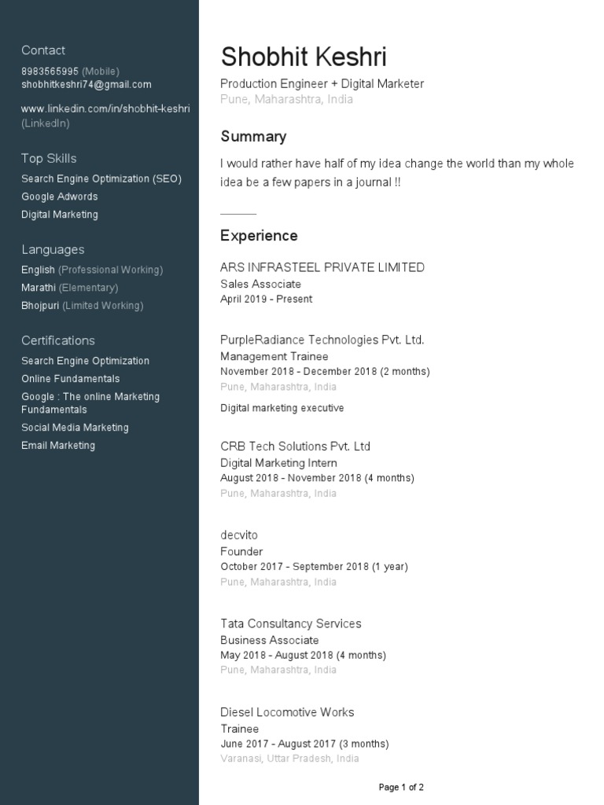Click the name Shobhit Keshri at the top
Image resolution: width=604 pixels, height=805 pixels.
pyautogui.click(x=304, y=57)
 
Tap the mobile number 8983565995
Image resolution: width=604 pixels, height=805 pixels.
pyautogui.click(x=50, y=72)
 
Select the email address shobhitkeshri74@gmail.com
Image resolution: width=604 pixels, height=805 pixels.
pyautogui.click(x=87, y=85)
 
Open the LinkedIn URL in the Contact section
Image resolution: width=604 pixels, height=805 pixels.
pyautogui.click(x=105, y=109)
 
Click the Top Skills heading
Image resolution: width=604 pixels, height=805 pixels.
pyautogui.click(x=49, y=158)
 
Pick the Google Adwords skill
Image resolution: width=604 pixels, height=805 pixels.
pyautogui.click(x=60, y=197)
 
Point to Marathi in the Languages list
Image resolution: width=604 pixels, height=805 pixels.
pyautogui.click(x=39, y=288)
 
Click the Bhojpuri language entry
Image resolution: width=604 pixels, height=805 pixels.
pyautogui.click(x=40, y=306)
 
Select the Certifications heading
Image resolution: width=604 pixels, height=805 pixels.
pyautogui.click(x=58, y=340)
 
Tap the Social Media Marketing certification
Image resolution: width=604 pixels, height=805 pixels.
pyautogui.click(x=75, y=428)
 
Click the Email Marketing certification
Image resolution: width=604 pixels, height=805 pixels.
pyautogui.click(x=58, y=446)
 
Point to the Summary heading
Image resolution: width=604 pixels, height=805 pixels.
pyautogui.click(x=253, y=137)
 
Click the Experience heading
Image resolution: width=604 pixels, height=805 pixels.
pyautogui.click(x=259, y=236)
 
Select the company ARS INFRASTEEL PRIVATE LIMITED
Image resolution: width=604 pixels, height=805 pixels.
pyautogui.click(x=322, y=267)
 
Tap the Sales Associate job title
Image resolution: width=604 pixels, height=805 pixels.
pyautogui.click(x=260, y=284)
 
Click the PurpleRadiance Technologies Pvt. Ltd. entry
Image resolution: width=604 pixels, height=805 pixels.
pyautogui.click(x=322, y=340)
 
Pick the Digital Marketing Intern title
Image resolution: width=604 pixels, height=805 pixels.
pyautogui.click(x=278, y=463)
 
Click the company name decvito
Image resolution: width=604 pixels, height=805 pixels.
pyautogui.click(x=239, y=535)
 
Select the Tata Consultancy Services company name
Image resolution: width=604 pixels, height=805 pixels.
pyautogui.click(x=291, y=623)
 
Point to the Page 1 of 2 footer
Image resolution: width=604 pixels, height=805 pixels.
pyautogui.click(x=401, y=787)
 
